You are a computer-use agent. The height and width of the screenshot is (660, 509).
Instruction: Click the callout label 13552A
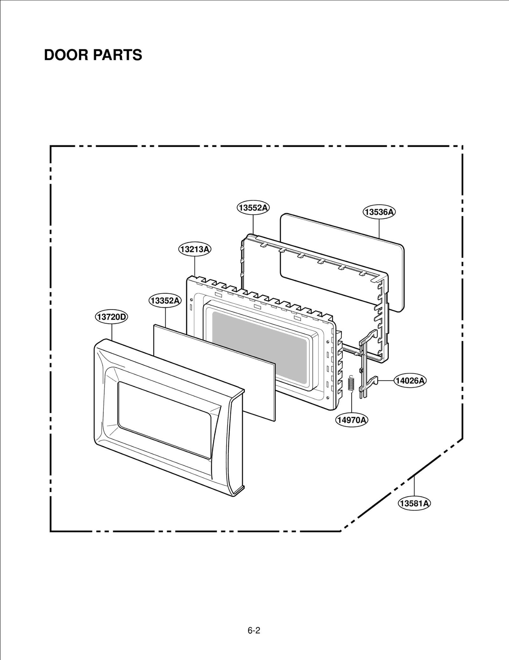click(253, 208)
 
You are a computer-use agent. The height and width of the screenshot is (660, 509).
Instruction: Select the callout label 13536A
click(379, 212)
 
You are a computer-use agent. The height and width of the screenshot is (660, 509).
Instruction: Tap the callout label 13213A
click(194, 249)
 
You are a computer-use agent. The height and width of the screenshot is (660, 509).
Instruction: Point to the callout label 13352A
click(165, 301)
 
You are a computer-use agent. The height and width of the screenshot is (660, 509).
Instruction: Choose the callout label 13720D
click(112, 317)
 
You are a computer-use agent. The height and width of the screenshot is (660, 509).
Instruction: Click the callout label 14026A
click(410, 380)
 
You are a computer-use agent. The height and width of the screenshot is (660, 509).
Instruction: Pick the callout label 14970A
click(352, 420)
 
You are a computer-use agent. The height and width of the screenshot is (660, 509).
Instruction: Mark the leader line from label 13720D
click(112, 331)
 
